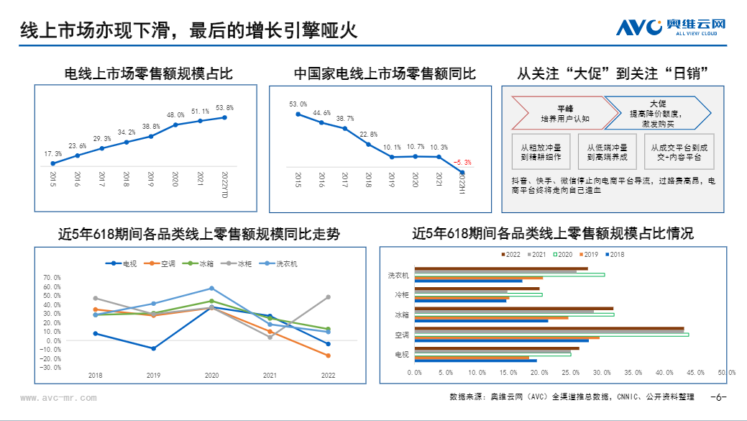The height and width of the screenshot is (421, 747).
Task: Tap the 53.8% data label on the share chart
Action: point(224,108)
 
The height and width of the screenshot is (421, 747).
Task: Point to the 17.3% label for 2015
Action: point(52,154)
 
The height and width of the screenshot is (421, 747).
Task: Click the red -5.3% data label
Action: point(462,163)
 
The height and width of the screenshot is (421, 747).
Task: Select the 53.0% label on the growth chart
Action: point(298,104)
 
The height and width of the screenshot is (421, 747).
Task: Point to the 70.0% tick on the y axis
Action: point(52,277)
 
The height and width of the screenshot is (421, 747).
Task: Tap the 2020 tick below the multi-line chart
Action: point(211,376)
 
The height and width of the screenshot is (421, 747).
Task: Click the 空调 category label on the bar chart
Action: point(401,335)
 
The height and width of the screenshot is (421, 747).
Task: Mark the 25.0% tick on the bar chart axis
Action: point(572,373)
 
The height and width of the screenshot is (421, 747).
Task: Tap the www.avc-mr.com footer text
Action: point(58,397)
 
